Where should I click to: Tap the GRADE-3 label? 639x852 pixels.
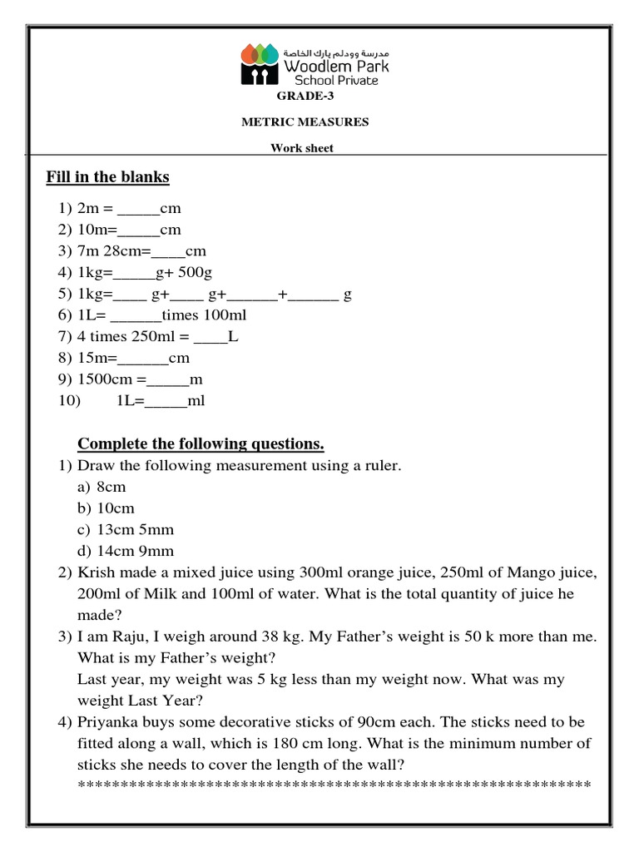coord(305,96)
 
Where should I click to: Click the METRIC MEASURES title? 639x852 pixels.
coord(305,121)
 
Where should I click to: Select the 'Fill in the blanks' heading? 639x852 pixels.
coord(107,177)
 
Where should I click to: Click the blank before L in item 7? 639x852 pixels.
coord(211,337)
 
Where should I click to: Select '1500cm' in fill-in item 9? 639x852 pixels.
coord(111,379)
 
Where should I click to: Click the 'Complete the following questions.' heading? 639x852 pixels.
coord(201,443)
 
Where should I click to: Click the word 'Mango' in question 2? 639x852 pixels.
coord(490,572)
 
